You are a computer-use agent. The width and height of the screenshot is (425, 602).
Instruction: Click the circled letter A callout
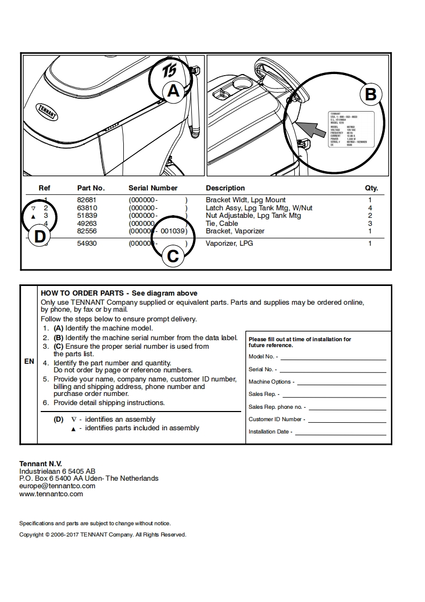coord(173,91)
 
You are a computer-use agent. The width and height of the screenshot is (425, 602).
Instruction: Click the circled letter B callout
coord(370,94)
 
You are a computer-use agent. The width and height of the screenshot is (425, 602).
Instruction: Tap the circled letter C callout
coord(173,256)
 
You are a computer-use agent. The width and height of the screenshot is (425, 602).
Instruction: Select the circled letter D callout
coord(40,237)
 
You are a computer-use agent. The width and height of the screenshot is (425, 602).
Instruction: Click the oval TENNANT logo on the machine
coord(47,111)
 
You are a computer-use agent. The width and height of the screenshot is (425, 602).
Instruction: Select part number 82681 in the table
coord(87,200)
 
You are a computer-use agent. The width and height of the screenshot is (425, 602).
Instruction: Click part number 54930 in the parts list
coord(87,244)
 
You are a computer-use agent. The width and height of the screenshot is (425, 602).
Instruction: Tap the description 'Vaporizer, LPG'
coord(229,244)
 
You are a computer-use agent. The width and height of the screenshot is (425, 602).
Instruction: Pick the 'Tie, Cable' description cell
coord(222,224)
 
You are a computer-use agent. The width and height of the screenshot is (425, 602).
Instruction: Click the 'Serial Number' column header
coord(153,188)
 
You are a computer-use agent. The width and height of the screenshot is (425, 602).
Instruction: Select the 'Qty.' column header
coord(371,188)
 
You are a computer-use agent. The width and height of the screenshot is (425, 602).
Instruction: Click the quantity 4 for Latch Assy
coord(370,208)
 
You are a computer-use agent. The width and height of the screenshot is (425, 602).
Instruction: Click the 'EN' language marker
coord(29,362)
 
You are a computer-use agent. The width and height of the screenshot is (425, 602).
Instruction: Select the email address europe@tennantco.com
coord(57,486)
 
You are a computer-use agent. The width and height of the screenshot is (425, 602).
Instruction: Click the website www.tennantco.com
coord(51,494)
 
